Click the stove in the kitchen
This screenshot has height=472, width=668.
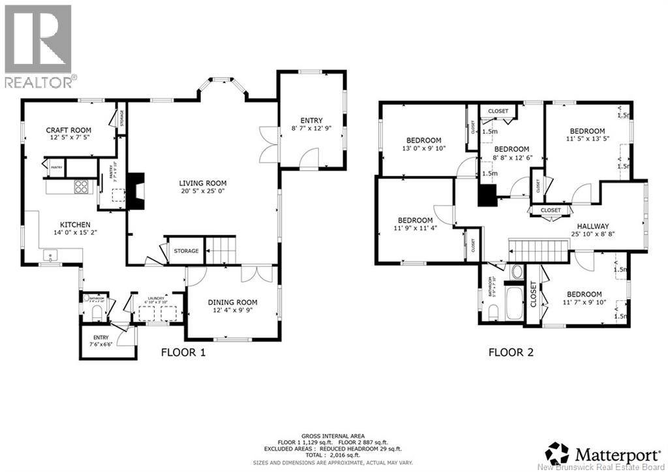point(82,187)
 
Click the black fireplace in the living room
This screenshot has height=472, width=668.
point(134,191)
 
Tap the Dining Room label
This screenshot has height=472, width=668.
point(232,302)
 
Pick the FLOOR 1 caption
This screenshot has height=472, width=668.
point(183,353)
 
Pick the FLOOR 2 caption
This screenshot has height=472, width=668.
point(511,353)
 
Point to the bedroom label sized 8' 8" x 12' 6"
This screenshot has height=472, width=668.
point(511,149)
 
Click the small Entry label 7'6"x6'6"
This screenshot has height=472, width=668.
point(100,338)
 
